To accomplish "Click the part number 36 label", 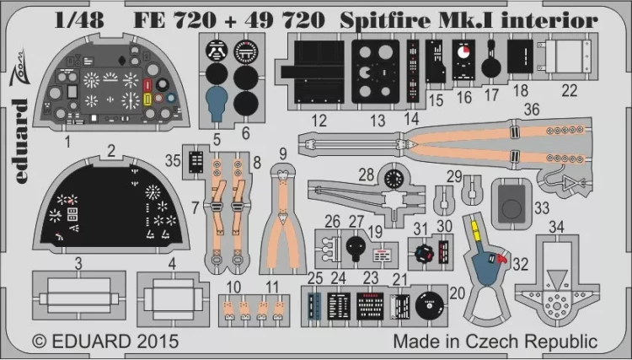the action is coord(532,109).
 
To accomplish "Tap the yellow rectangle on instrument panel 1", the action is coord(147,99).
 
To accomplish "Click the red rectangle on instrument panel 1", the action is coord(147,85).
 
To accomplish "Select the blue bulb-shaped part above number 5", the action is coord(217,104).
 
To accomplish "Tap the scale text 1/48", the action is coord(79,20).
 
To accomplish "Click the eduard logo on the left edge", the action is coord(20,117).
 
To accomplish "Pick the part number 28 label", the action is coord(367,175).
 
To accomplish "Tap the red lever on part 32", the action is coord(501,259).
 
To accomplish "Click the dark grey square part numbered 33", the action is coord(511,203).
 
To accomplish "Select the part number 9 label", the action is coord(283,153).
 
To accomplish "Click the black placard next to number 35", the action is coord(196,162).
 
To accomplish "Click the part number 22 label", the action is coord(570,91).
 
